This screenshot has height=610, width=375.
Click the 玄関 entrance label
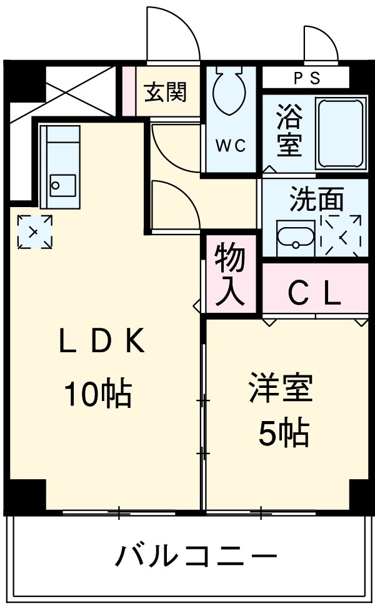166,94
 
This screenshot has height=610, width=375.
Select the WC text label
231,145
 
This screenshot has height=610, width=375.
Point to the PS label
306,78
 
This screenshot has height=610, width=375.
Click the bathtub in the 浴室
341,133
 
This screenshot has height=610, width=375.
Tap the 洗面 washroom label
316,200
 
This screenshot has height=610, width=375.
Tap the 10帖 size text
97,394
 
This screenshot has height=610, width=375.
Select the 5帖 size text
284,433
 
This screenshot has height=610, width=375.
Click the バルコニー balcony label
195,555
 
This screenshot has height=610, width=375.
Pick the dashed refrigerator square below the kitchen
34,231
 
